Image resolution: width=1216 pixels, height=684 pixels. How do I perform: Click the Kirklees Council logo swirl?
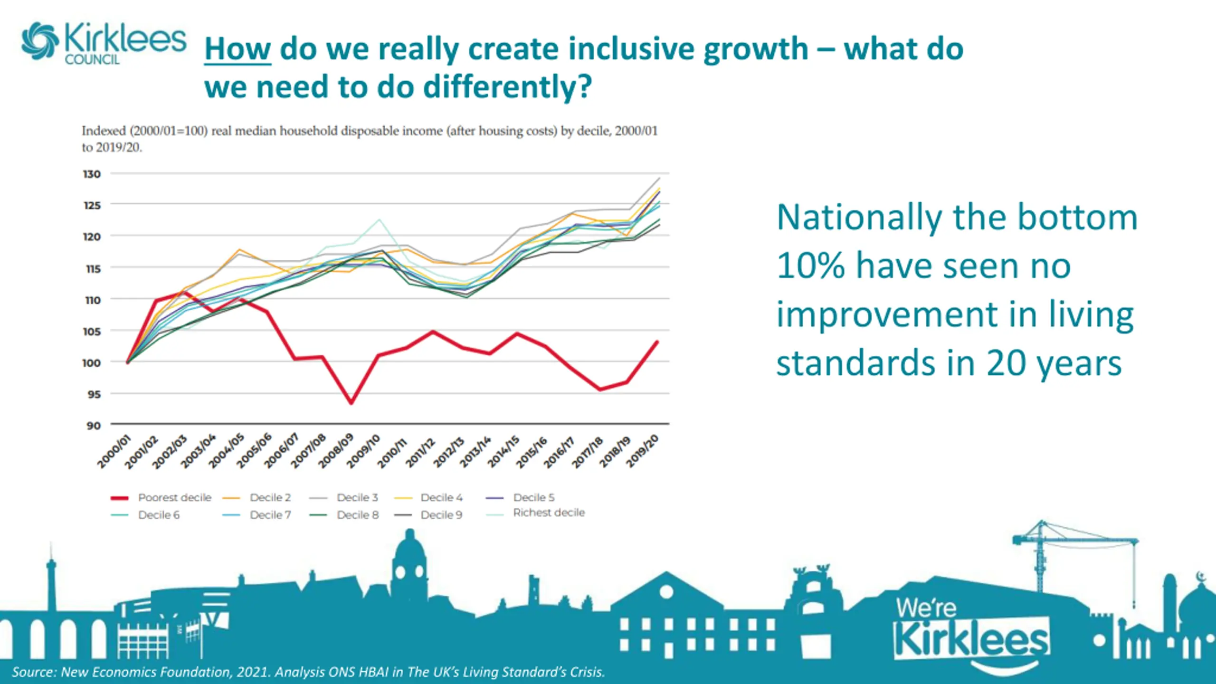40,41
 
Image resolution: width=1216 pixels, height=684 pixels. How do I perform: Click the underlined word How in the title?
237,49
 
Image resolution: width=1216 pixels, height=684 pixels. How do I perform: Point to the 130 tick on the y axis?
92,174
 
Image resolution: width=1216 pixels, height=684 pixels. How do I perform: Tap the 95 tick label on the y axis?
93,394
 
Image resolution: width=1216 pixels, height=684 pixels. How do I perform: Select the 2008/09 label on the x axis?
336,450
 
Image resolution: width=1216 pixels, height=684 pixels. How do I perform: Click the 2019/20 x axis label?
642,450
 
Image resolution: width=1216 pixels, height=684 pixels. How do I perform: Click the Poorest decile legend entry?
174,497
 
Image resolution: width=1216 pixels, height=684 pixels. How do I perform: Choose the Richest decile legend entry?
549,513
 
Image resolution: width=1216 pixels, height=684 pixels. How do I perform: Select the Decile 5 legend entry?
533,497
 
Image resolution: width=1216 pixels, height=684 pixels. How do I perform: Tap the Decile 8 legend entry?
358,515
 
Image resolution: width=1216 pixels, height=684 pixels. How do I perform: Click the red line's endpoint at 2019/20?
657,342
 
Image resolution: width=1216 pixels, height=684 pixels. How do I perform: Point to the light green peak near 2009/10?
379,219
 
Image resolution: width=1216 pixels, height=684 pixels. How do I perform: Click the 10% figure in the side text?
810,266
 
